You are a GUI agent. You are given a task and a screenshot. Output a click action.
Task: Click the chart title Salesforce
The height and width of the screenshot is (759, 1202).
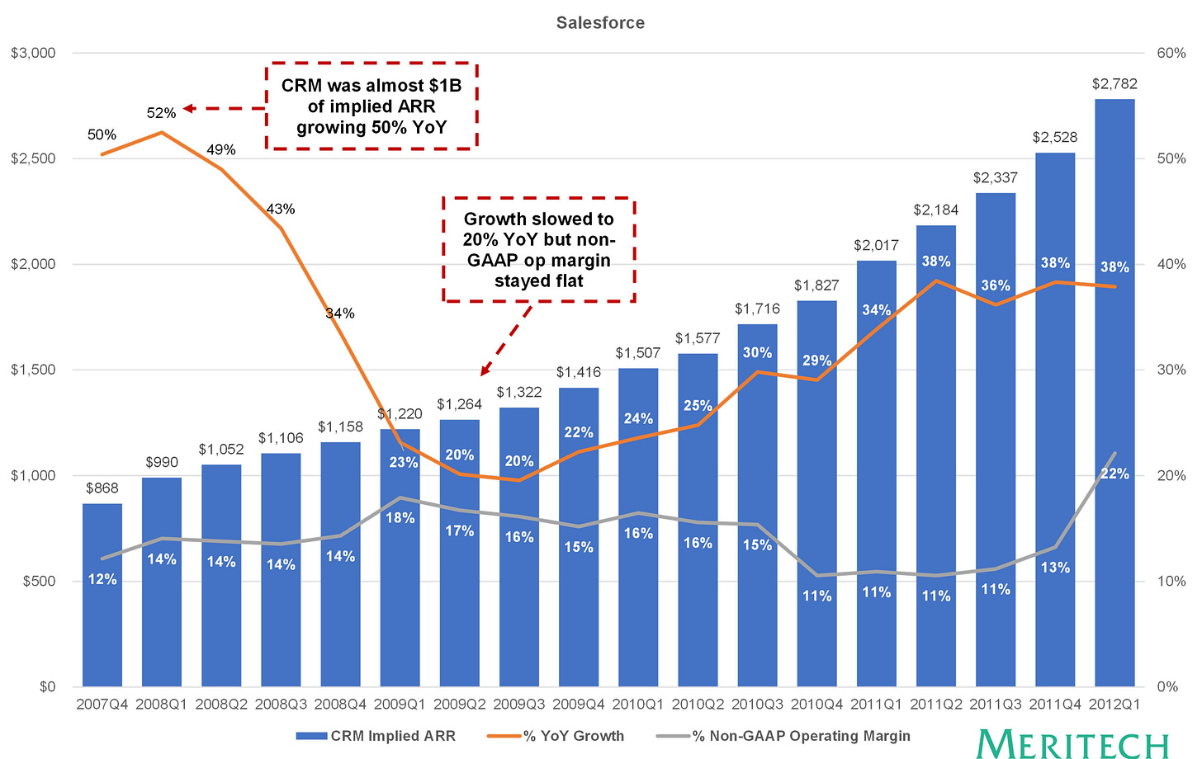(x=600, y=22)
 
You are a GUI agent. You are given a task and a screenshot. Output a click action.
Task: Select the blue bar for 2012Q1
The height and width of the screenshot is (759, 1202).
(x=1114, y=393)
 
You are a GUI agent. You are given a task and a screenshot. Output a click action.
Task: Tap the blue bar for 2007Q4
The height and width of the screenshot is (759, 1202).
(x=102, y=595)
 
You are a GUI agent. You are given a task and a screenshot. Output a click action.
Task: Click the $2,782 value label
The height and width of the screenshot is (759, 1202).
(x=1114, y=83)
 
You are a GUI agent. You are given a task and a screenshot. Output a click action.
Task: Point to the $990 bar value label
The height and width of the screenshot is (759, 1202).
(x=162, y=462)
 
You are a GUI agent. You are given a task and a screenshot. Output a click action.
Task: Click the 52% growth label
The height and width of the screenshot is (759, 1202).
(x=162, y=113)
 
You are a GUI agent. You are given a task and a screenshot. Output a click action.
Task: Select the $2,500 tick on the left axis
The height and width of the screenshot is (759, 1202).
(x=33, y=158)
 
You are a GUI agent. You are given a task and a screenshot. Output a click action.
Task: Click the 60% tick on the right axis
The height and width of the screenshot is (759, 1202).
(x=1171, y=53)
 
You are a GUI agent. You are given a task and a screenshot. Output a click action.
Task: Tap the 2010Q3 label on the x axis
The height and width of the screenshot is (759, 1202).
(x=757, y=704)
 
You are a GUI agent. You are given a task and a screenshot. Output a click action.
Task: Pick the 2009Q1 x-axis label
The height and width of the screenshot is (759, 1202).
(x=400, y=704)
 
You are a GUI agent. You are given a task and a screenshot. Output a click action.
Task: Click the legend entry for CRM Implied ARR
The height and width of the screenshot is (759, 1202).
(x=376, y=735)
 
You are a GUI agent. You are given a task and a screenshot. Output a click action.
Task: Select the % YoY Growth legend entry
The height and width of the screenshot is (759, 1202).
(x=556, y=735)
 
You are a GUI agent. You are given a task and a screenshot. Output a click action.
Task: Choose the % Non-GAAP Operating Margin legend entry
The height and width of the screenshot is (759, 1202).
(x=783, y=735)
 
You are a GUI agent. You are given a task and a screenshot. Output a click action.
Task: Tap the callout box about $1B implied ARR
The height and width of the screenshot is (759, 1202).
(x=371, y=106)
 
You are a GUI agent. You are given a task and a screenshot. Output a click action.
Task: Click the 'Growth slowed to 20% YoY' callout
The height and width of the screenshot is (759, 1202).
(x=539, y=249)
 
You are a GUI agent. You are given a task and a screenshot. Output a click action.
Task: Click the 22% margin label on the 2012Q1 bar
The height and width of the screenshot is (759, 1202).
(x=1114, y=474)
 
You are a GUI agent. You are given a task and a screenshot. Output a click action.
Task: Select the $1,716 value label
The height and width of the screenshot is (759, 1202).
(x=757, y=309)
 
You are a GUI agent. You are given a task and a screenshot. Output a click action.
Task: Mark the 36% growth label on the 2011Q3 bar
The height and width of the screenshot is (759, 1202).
(x=996, y=285)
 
